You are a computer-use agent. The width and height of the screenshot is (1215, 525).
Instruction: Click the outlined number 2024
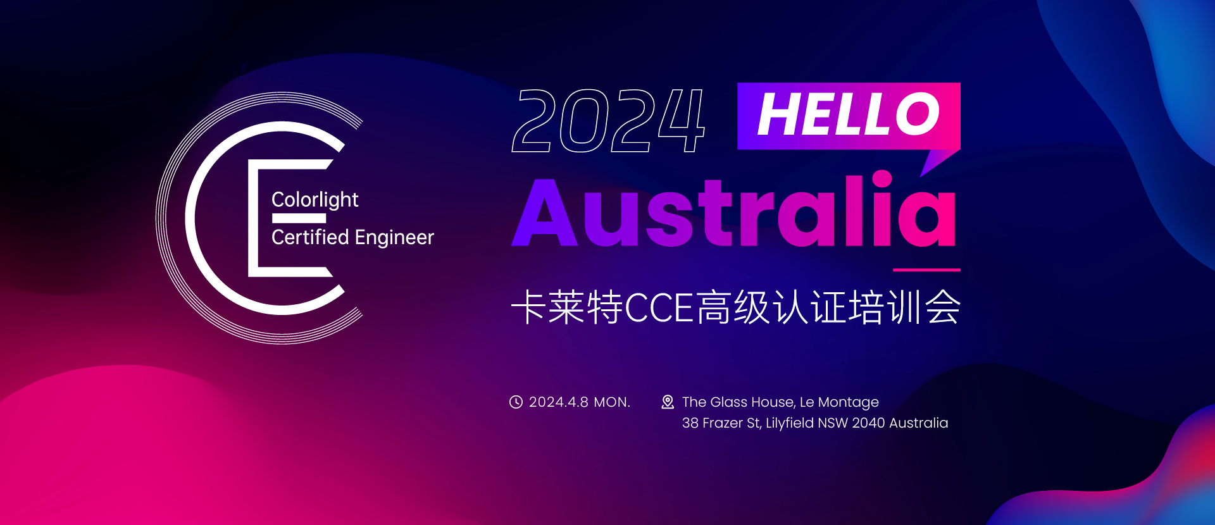pos(608,120)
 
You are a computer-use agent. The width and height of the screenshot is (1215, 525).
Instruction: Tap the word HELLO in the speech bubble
pos(849,114)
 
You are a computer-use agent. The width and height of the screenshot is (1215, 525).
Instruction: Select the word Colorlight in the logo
pos(315,200)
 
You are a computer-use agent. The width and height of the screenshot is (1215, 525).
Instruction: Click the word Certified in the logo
pos(310,237)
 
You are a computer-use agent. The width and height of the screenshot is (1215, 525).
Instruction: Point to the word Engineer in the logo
pos(394,238)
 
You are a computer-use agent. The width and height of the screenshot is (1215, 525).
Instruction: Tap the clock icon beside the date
pos(516,402)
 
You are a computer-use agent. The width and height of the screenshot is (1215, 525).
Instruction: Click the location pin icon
pos(668,402)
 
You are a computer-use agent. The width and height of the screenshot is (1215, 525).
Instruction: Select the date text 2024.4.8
pos(559,402)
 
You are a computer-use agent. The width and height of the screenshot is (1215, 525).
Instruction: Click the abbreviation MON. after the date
pos(612,402)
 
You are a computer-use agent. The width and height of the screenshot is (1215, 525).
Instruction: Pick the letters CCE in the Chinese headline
pos(659,308)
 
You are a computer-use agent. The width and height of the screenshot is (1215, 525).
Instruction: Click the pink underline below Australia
pos(926,270)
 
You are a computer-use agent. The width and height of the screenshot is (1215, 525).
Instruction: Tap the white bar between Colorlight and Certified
pos(299,218)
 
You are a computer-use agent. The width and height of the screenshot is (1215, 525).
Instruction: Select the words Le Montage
pos(839,403)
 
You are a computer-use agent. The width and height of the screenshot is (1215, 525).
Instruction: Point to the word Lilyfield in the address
pos(789,423)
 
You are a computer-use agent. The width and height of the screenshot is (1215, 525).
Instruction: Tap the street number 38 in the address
pos(690,423)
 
